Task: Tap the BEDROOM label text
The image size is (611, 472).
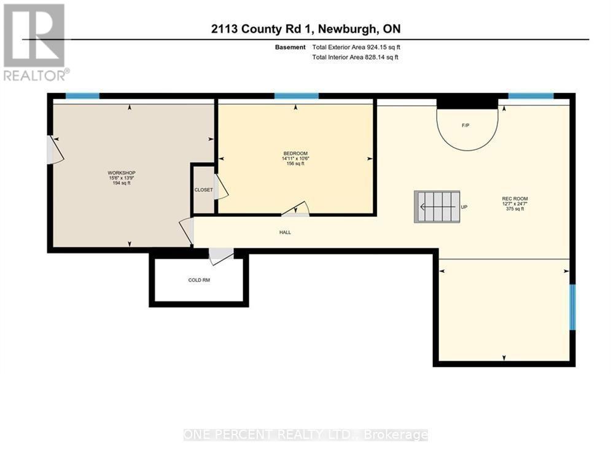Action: click(x=295, y=154)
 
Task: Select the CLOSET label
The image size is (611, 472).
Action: click(x=203, y=190)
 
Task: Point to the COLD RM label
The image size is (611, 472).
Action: click(x=199, y=280)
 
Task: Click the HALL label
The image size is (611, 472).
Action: click(x=285, y=232)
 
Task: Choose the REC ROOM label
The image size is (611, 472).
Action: click(x=515, y=198)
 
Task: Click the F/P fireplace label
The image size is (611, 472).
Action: click(x=465, y=125)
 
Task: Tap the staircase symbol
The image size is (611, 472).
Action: click(x=437, y=206)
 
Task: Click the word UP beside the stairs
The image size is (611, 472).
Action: click(x=464, y=207)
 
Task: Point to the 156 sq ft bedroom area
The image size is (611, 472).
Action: click(x=295, y=164)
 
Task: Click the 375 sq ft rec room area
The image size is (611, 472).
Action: click(x=515, y=209)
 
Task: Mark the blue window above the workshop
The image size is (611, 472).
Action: click(x=82, y=95)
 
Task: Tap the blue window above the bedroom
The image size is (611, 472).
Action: click(x=296, y=95)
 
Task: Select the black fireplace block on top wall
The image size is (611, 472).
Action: click(x=467, y=101)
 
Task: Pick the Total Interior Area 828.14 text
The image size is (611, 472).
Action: click(x=356, y=57)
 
